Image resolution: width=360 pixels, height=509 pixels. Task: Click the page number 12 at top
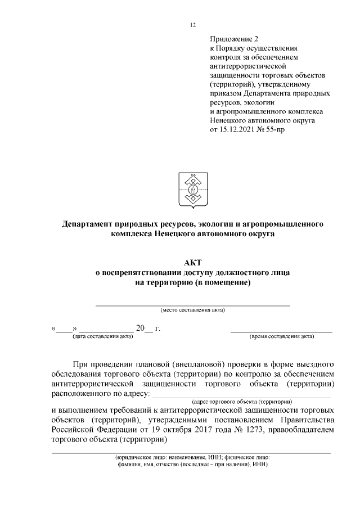click(x=192, y=25)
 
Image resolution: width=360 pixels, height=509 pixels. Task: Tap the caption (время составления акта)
click(x=281, y=336)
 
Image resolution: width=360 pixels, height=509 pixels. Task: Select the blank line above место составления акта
click(x=192, y=304)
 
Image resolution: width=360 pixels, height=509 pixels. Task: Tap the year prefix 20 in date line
click(x=140, y=328)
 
